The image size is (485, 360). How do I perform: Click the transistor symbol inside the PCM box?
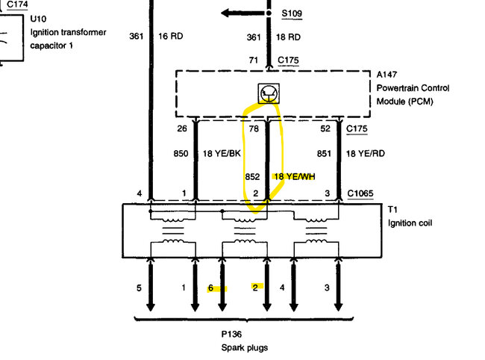tap(268, 93)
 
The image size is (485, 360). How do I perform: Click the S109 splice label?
tap(292, 13)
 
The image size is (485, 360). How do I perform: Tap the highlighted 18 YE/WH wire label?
tap(295, 177)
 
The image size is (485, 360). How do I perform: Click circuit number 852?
tap(252, 177)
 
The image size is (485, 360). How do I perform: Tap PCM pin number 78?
tap(252, 128)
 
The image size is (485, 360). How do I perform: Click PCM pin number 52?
tap(324, 128)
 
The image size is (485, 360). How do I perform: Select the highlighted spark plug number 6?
tap(211, 288)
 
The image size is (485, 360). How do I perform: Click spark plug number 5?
tap(139, 288)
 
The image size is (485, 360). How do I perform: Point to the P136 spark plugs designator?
tap(232, 335)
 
